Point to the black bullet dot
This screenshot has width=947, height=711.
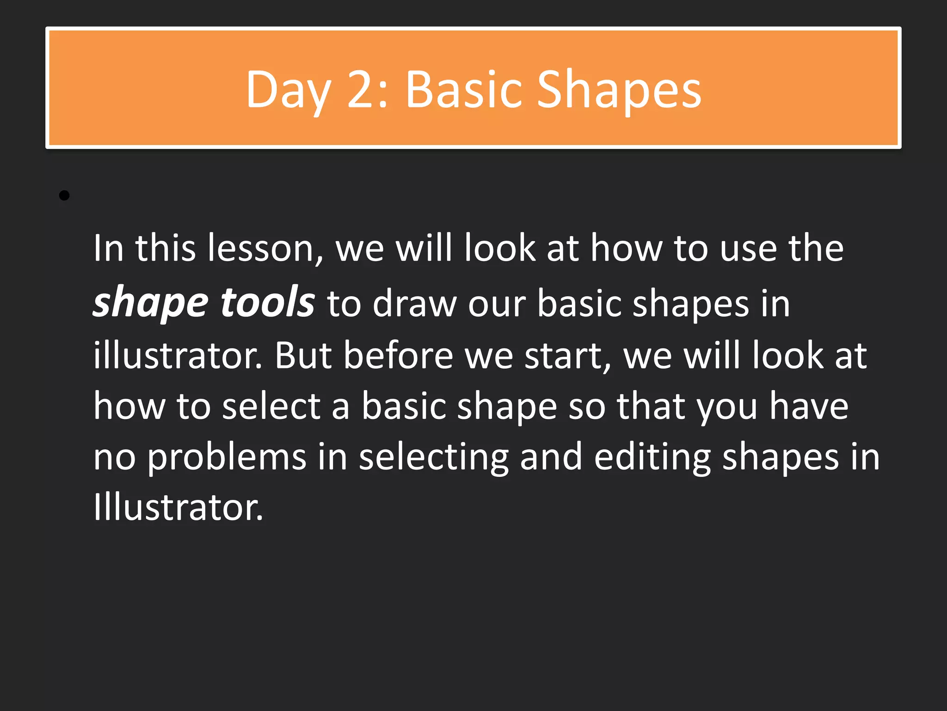64,196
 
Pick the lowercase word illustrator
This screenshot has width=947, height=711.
178,355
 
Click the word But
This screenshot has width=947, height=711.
303,355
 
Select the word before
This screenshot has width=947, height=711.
398,355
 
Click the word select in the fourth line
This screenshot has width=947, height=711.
271,406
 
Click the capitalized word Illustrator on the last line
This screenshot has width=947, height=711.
178,507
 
